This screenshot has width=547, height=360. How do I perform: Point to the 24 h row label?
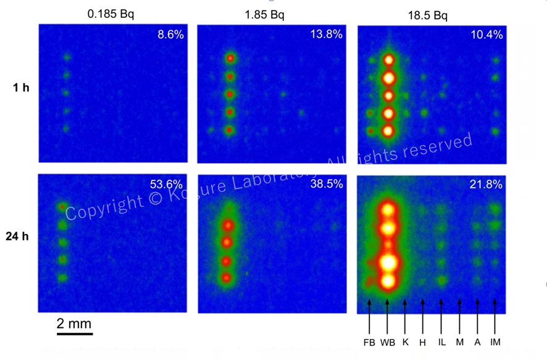22,236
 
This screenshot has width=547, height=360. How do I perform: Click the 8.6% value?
170,35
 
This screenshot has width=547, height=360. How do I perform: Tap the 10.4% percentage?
490,35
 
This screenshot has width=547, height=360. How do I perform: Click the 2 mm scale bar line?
75,334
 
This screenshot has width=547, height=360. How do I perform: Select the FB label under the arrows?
369,342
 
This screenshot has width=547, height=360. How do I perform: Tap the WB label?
387,342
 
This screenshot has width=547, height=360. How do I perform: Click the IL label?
441,342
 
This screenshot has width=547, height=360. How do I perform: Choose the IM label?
496,342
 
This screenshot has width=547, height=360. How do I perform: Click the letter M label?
459,342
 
